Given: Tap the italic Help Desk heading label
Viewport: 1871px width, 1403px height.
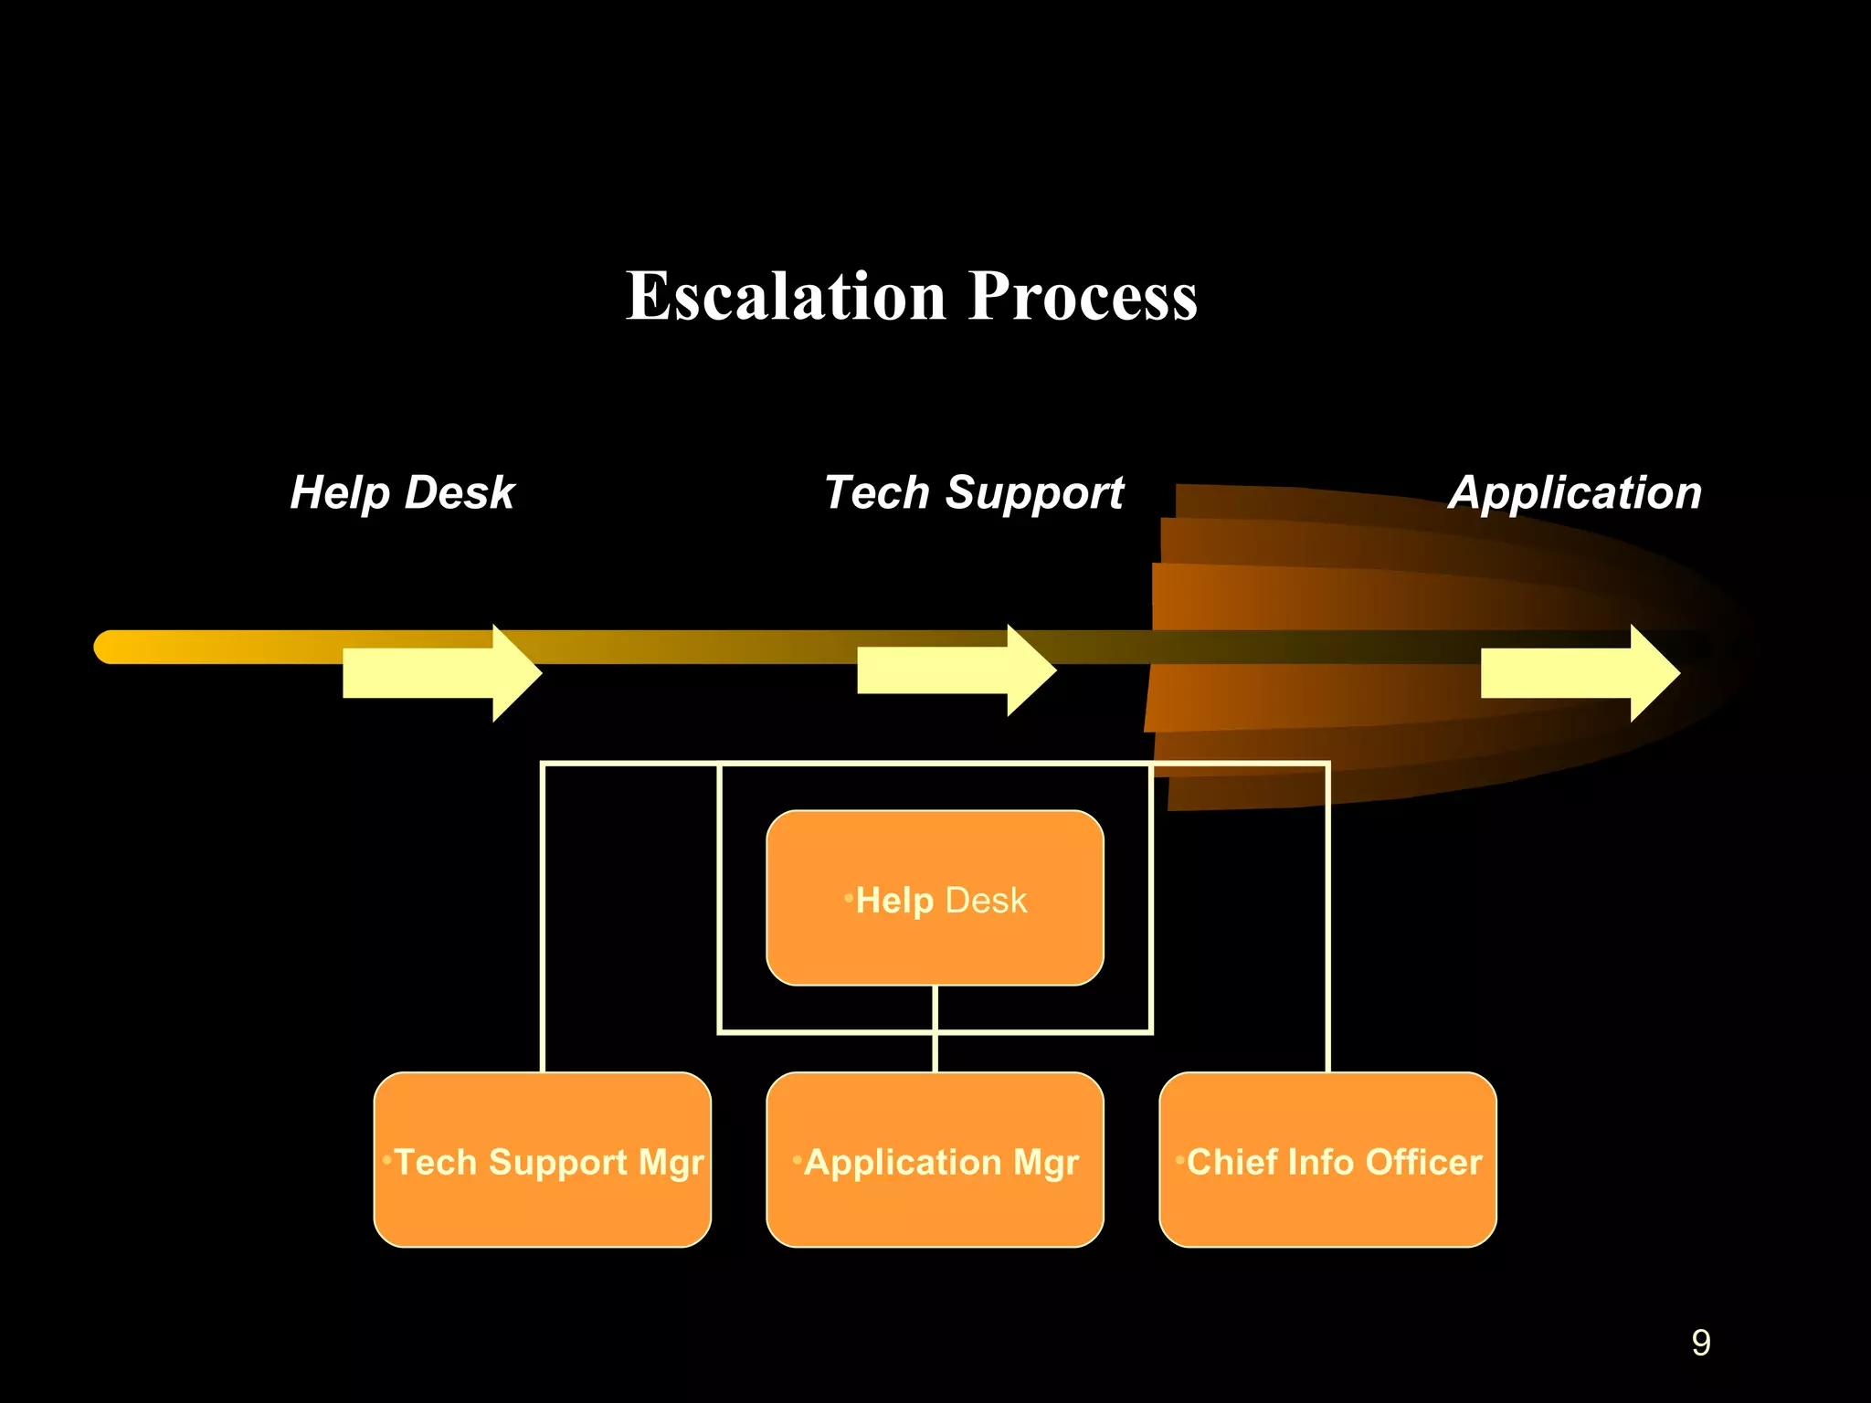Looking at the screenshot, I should [x=402, y=493].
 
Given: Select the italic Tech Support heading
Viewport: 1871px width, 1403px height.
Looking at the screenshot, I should [x=974, y=493].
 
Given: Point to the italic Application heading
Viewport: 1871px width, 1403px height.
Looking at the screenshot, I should [x=1575, y=493].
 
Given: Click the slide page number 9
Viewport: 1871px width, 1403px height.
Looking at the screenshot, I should [x=1700, y=1343].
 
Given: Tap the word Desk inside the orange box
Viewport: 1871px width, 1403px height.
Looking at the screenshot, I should [x=986, y=901].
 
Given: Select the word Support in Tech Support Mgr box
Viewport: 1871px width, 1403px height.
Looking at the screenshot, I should [x=558, y=1164].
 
